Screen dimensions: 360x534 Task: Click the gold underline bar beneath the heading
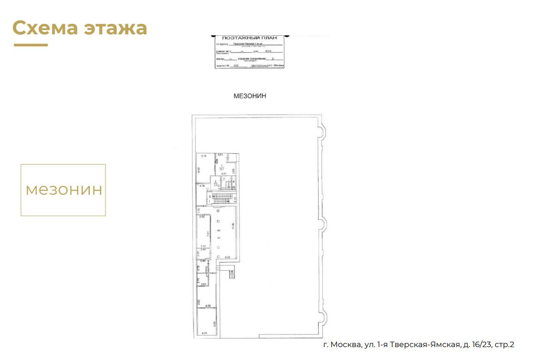(x=31, y=45)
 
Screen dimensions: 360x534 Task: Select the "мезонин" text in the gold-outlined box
(x=64, y=190)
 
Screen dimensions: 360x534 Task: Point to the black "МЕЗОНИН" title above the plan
(x=250, y=96)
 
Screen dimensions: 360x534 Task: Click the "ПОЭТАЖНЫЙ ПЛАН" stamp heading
(x=250, y=38)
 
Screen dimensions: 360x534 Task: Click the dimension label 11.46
(x=233, y=226)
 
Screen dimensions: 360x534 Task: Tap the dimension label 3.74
(x=203, y=156)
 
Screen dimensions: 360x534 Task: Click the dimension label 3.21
(x=220, y=155)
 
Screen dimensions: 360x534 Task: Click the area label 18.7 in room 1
(x=221, y=167)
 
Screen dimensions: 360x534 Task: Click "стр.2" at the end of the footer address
(x=505, y=345)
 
